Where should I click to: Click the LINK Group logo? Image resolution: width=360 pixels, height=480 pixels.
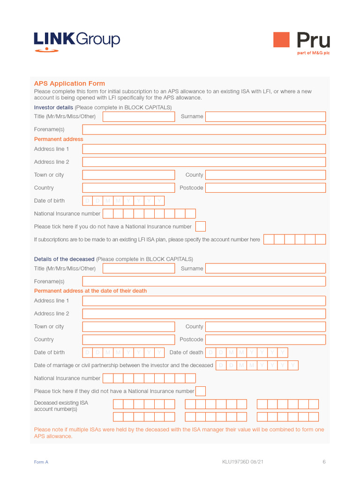coord(77,41)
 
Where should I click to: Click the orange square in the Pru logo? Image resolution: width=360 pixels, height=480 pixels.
coord(281,40)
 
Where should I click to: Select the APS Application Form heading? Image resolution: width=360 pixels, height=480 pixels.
coord(69,83)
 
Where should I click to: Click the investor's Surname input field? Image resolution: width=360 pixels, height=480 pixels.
coord(265,117)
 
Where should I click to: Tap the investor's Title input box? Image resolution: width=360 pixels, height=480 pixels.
coord(138,117)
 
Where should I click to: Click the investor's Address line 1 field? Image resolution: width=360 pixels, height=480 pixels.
coord(204,149)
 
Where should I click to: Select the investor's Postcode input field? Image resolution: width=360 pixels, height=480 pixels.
coord(265,188)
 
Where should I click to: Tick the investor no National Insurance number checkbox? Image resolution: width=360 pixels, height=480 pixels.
coord(200,227)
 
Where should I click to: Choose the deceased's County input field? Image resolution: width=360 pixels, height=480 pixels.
coord(265,327)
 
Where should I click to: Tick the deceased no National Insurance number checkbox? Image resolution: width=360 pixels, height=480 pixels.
coord(200,391)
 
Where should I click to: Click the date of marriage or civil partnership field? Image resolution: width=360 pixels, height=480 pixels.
coord(257,366)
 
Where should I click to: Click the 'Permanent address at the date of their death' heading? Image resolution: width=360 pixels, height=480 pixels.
coord(90,291)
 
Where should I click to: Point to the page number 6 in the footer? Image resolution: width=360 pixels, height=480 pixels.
coord(324,462)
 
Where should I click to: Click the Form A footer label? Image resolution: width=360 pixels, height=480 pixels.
coord(41,462)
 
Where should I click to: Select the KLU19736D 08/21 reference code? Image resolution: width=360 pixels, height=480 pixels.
coord(242,462)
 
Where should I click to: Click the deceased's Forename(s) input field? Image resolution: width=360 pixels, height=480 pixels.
coord(204,281)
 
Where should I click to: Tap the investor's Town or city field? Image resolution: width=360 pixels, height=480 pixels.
coord(128,175)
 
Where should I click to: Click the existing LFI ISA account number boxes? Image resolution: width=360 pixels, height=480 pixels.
coord(294,240)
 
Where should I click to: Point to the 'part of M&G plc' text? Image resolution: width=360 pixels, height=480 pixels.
coord(313,53)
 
